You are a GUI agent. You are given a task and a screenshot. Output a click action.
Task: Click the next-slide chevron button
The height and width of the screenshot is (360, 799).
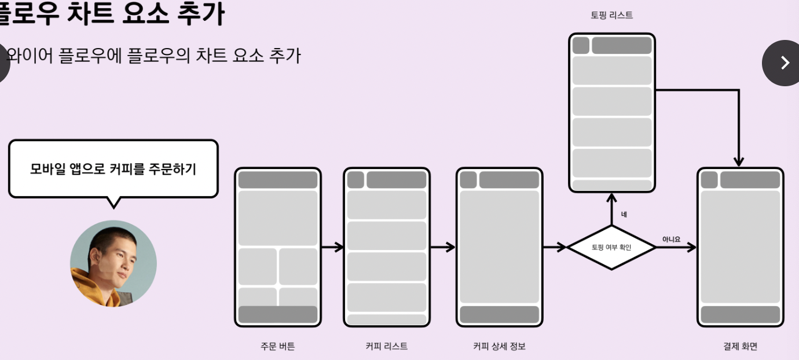click(784, 63)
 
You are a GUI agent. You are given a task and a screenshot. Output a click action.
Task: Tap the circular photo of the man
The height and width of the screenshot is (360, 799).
click(113, 263)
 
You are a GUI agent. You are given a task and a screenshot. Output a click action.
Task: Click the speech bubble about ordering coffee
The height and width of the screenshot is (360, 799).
click(113, 169)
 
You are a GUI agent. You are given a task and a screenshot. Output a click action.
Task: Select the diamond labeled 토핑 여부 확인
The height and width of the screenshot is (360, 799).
click(611, 247)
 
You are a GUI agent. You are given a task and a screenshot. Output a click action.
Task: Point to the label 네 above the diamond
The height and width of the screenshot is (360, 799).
click(624, 215)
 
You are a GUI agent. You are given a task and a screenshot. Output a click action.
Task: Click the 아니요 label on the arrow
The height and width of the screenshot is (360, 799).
click(671, 239)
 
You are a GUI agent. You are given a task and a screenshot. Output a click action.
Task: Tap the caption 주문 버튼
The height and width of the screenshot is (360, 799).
click(277, 346)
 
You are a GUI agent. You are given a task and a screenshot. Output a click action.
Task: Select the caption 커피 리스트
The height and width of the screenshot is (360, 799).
click(386, 346)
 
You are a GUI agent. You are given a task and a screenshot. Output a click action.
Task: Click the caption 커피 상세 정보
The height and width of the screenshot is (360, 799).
click(499, 346)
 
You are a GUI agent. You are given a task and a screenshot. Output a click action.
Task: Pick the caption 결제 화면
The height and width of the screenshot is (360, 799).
click(740, 346)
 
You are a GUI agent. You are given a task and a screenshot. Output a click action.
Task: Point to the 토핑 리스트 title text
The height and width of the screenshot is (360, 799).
click(611, 16)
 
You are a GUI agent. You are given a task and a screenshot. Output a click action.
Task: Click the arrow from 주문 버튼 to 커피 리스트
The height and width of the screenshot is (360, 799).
click(332, 247)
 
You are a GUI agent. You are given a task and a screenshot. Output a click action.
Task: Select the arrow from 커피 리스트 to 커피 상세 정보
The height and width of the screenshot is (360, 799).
click(443, 247)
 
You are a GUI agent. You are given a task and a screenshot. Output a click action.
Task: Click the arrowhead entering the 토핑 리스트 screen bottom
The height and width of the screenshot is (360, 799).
click(611, 199)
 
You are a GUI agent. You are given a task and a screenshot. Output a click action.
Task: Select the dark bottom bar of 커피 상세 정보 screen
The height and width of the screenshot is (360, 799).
click(499, 314)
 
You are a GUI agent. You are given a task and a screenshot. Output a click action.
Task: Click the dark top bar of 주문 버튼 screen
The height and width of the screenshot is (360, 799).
click(277, 179)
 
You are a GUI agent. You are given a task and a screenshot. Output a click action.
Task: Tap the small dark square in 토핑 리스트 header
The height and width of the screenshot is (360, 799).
click(581, 45)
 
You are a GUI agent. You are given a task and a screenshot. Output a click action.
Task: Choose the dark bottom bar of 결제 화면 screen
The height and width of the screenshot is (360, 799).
click(740, 314)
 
